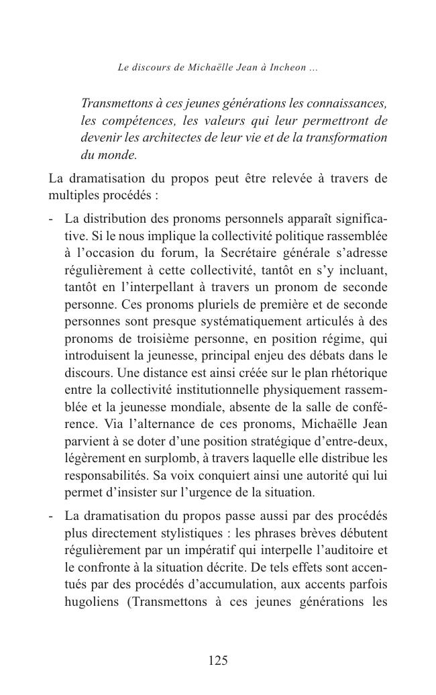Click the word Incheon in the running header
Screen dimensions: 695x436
pyautogui.click(x=288, y=68)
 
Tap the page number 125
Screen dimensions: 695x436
pyautogui.click(x=218, y=661)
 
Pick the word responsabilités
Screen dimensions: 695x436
pyautogui.click(x=104, y=476)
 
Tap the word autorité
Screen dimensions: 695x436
pyautogui.click(x=299, y=476)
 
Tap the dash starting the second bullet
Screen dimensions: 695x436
pyautogui.click(x=52, y=517)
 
